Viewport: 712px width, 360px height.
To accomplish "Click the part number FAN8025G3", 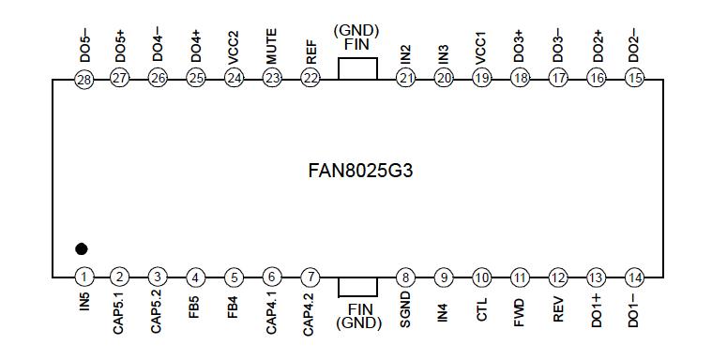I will pos(361,173).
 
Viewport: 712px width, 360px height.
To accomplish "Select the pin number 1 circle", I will pos(83,277).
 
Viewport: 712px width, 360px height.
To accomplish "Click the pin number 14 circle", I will pos(635,277).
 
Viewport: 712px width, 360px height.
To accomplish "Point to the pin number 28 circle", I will pos(83,79).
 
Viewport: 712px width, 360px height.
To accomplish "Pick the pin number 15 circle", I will pos(634,79).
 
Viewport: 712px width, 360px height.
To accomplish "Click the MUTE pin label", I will pos(272,47).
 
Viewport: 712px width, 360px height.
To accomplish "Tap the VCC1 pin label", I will pos(482,47).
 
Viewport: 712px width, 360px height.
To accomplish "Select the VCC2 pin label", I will pos(234,47).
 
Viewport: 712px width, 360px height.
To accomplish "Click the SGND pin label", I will pos(405,310).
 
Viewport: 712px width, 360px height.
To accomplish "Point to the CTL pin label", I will pos(482,308).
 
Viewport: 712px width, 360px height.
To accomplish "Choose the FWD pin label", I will pos(520,309).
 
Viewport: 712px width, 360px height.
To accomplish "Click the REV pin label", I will pos(558,308).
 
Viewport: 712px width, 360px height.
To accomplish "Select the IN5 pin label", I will pos(83,305).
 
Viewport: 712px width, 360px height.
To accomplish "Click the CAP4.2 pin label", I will pos(309,315).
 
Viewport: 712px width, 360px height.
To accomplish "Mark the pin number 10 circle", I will pos(482,277).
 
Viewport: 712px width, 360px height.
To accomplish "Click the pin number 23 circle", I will pos(272,79).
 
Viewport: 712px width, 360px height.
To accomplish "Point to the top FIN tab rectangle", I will pos(356,68).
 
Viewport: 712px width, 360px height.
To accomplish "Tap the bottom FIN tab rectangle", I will pos(356,287).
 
